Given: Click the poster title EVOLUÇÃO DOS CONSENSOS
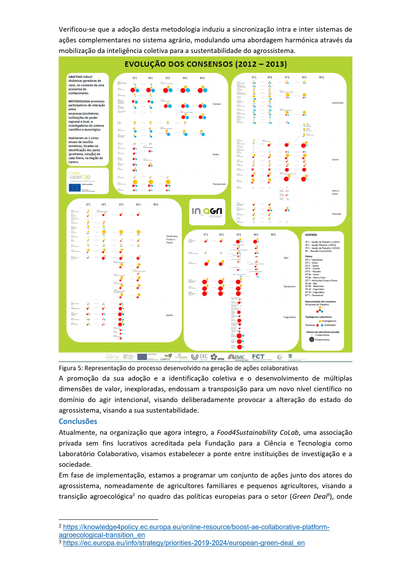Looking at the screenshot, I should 205,64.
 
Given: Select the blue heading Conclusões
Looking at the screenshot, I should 78,421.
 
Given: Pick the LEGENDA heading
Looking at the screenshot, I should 311,235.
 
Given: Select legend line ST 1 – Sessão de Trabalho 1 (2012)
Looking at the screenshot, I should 322,242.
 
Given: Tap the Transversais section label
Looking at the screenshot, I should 219,184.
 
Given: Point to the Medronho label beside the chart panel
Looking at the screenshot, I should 289,286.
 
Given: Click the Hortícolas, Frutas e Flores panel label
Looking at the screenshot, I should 172,239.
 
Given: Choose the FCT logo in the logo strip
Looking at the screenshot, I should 258,357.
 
